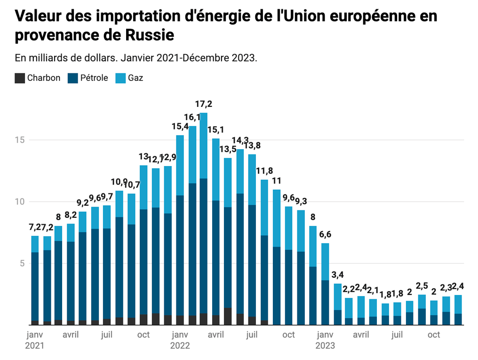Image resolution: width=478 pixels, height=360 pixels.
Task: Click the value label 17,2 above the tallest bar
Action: click(204, 104)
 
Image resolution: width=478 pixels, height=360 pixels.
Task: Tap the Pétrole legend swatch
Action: click(73, 78)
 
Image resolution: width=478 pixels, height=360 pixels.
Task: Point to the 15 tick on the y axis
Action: click(19, 140)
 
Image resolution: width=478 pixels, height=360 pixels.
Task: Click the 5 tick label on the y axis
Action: click(21, 263)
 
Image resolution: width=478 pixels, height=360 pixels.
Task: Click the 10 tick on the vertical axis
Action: click(19, 201)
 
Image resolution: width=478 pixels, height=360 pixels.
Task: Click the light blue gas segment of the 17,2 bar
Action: click(204, 145)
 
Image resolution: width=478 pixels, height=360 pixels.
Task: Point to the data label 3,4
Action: click(337, 274)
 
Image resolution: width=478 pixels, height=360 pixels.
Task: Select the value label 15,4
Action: click(180, 126)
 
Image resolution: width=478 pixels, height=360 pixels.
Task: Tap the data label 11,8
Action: click(264, 170)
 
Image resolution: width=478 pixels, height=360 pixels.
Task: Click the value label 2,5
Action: click(422, 286)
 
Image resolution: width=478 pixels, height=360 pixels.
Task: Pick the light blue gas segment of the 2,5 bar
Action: click(422, 302)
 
